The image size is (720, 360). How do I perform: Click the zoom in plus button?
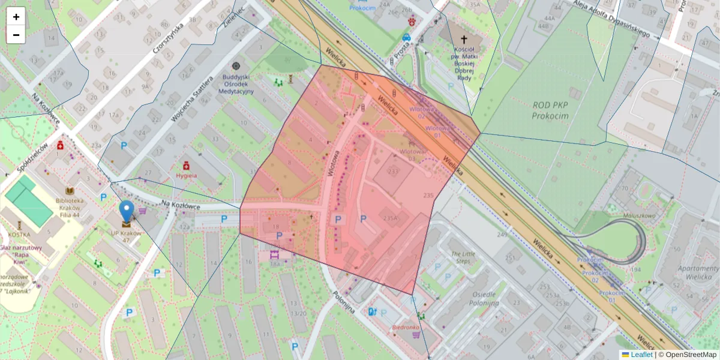tap(16, 17)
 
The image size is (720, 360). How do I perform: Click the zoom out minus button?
tap(16, 35)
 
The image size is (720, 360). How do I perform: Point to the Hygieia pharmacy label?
tap(187, 175)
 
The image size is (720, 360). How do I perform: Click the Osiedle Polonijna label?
tap(484, 298)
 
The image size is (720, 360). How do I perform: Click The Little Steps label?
tap(463, 257)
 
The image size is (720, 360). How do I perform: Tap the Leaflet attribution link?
tap(641, 355)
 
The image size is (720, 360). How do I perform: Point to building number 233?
tap(393, 172)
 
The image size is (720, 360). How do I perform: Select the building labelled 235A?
tap(390, 219)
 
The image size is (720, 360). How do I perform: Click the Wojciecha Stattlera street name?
tap(191, 100)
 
